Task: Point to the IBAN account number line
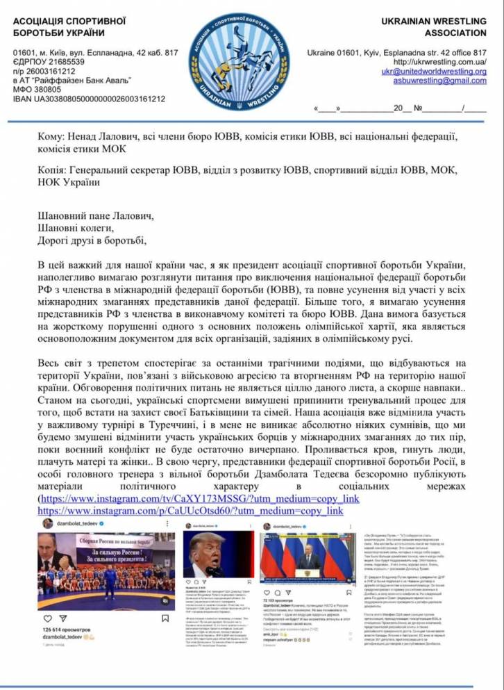[x=89, y=99]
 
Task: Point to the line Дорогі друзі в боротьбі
[x=93, y=240]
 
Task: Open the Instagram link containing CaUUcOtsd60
[x=191, y=511]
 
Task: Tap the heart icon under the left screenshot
[x=47, y=618]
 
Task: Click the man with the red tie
[x=206, y=556]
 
